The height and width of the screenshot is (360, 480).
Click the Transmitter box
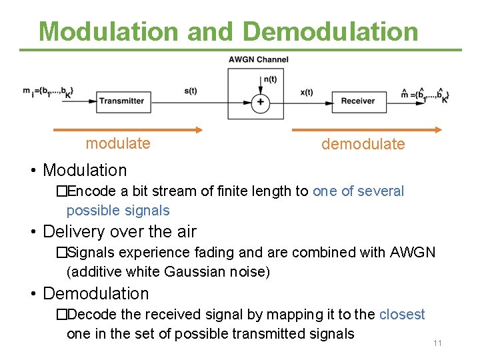(x=121, y=101)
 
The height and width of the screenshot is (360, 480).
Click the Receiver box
(x=358, y=101)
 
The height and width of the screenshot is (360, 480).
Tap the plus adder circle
(x=261, y=102)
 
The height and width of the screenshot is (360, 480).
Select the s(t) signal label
(x=191, y=91)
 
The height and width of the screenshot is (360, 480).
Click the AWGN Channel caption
(x=259, y=59)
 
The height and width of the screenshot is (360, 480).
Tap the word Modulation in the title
(x=109, y=31)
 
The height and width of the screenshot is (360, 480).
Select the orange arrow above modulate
(x=127, y=129)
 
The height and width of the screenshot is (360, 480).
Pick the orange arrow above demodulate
(x=367, y=129)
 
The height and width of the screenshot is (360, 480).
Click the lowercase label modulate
(x=118, y=143)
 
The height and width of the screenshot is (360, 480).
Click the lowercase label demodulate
(x=363, y=144)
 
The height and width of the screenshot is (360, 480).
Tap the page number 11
(x=437, y=343)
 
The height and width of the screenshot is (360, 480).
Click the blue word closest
(x=402, y=314)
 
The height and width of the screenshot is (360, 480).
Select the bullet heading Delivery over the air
(x=119, y=232)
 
